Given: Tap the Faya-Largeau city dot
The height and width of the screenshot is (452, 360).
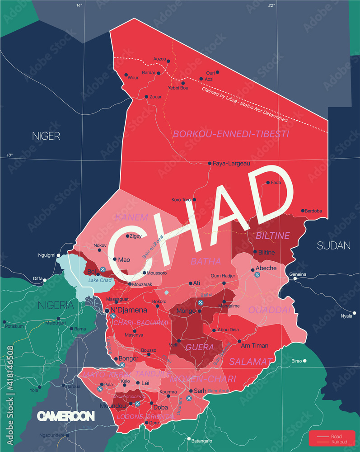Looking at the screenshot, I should click(x=210, y=163).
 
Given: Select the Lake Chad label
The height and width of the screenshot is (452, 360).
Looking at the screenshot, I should click(x=100, y=281).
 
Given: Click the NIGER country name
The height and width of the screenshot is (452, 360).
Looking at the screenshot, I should click(x=46, y=136).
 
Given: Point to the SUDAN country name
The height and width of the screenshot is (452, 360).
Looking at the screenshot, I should click(x=333, y=246).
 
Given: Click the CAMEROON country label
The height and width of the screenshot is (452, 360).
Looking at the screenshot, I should click(x=65, y=416).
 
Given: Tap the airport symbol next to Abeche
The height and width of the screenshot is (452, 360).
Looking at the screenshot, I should click(x=257, y=274).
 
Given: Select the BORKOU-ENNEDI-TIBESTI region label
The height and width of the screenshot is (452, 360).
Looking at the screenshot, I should click(x=231, y=134).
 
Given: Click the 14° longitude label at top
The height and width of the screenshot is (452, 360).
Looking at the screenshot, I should click(x=79, y=5).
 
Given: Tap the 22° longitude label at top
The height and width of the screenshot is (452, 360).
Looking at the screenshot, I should click(x=271, y=5).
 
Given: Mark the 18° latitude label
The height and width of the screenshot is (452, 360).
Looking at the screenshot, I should click(x=10, y=155).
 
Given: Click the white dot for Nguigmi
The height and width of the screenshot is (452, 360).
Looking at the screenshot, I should click(x=58, y=255).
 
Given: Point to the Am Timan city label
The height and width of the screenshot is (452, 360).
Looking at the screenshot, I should click(x=255, y=346).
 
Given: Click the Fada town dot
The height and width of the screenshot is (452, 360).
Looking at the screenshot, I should click(x=268, y=183).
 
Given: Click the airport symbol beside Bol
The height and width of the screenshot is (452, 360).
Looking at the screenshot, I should click(x=103, y=269).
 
